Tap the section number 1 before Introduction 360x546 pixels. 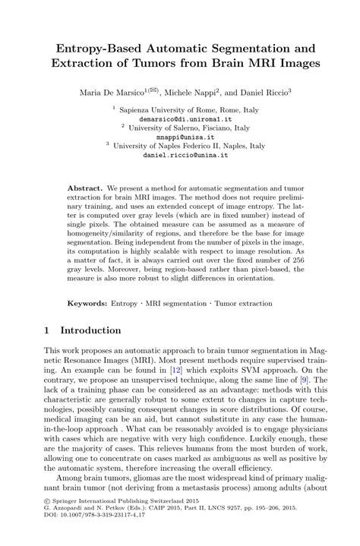pos(47,331)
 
